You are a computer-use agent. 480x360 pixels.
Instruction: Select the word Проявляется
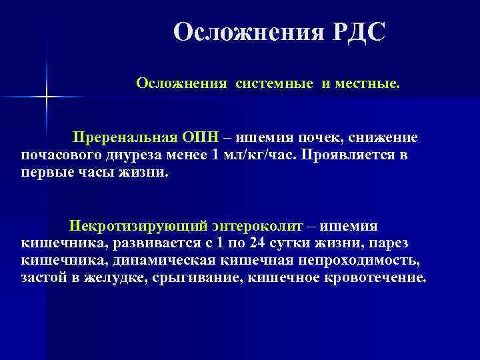point(349,155)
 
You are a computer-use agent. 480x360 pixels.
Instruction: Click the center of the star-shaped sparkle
point(47,98)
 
